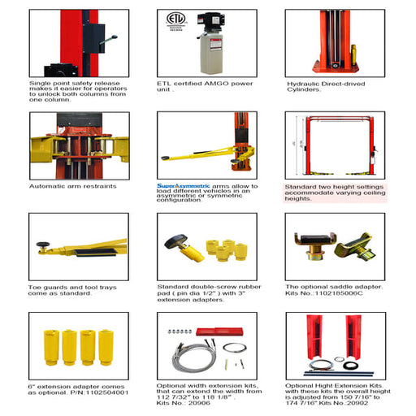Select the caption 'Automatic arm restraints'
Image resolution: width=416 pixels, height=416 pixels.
click(71, 186)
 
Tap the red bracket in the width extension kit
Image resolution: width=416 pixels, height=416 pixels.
click(223, 328)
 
